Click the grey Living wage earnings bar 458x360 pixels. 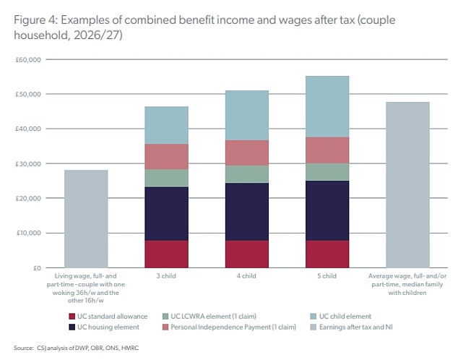click(x=86, y=219)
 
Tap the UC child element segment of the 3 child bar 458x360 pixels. click(x=166, y=125)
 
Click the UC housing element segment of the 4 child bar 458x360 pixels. click(x=247, y=212)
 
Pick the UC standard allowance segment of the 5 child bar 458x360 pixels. click(x=327, y=254)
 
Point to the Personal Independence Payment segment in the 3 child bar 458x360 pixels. click(x=166, y=157)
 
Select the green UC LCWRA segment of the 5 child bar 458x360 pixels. click(x=327, y=171)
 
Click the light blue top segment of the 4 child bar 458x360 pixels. click(x=247, y=115)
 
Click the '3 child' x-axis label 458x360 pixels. click(x=166, y=276)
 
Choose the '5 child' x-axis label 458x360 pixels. click(x=327, y=276)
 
